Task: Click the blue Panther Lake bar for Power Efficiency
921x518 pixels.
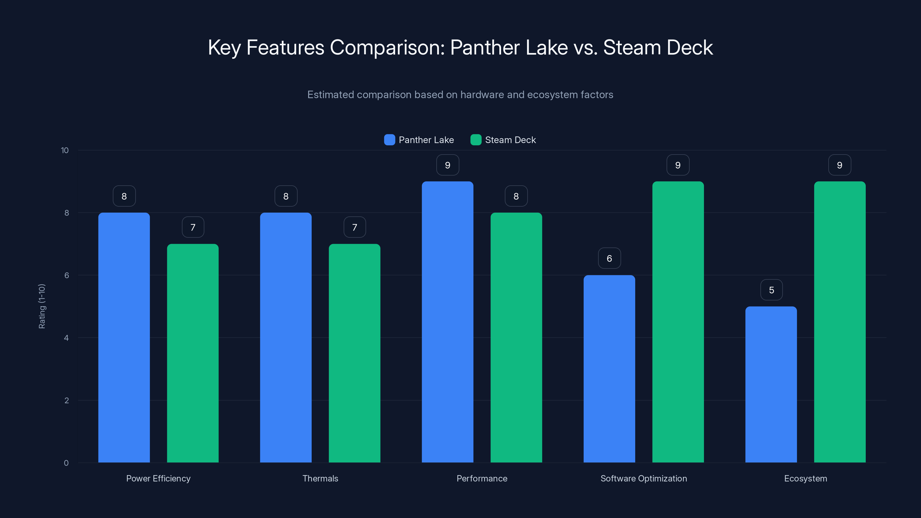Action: [124, 338]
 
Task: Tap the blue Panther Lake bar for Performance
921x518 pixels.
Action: [447, 322]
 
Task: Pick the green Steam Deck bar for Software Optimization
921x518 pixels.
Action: [678, 322]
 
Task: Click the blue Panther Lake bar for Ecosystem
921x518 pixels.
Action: [771, 384]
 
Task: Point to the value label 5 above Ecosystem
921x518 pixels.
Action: [771, 290]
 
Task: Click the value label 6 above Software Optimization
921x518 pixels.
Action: [609, 258]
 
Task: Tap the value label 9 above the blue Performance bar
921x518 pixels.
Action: [447, 165]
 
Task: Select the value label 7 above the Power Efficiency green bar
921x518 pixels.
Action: [193, 227]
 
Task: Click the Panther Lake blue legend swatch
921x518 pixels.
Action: [389, 140]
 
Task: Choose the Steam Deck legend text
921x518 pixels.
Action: [510, 140]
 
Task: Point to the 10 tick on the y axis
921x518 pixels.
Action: [65, 151]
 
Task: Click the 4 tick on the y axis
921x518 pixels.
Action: [66, 338]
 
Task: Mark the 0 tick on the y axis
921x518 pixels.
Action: [66, 463]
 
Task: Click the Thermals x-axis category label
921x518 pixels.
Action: [320, 478]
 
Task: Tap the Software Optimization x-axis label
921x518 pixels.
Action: [644, 478]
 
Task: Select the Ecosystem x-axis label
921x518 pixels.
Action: [805, 478]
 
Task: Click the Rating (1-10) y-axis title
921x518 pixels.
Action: [42, 306]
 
